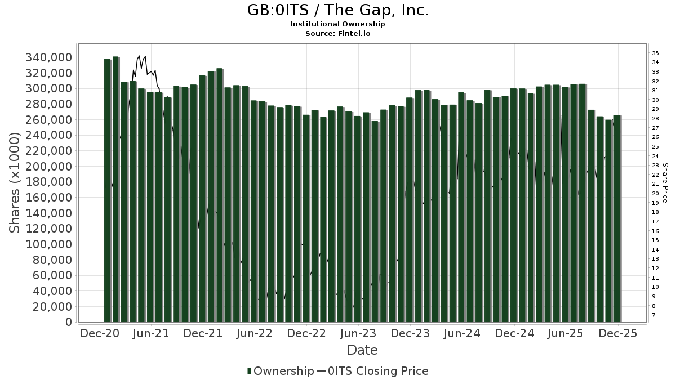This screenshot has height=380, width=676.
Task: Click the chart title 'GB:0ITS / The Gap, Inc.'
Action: (x=338, y=10)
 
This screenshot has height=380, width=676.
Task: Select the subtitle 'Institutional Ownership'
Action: (x=338, y=24)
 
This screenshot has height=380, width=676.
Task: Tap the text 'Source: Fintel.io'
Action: (x=338, y=33)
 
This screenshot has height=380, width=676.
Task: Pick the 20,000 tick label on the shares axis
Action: (x=53, y=307)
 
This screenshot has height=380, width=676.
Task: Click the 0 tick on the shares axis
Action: (x=69, y=322)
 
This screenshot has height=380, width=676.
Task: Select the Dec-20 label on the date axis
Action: (x=100, y=333)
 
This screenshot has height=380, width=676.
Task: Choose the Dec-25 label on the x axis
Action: (x=618, y=333)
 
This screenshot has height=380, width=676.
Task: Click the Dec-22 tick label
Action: (x=307, y=333)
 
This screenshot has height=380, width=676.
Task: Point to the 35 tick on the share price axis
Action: (x=656, y=53)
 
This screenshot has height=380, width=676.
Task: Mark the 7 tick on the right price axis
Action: (x=654, y=315)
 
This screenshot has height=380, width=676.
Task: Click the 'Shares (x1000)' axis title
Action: (x=15, y=182)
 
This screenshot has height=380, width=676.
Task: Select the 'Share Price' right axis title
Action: (x=665, y=183)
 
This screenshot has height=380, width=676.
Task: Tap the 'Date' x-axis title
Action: (x=362, y=350)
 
